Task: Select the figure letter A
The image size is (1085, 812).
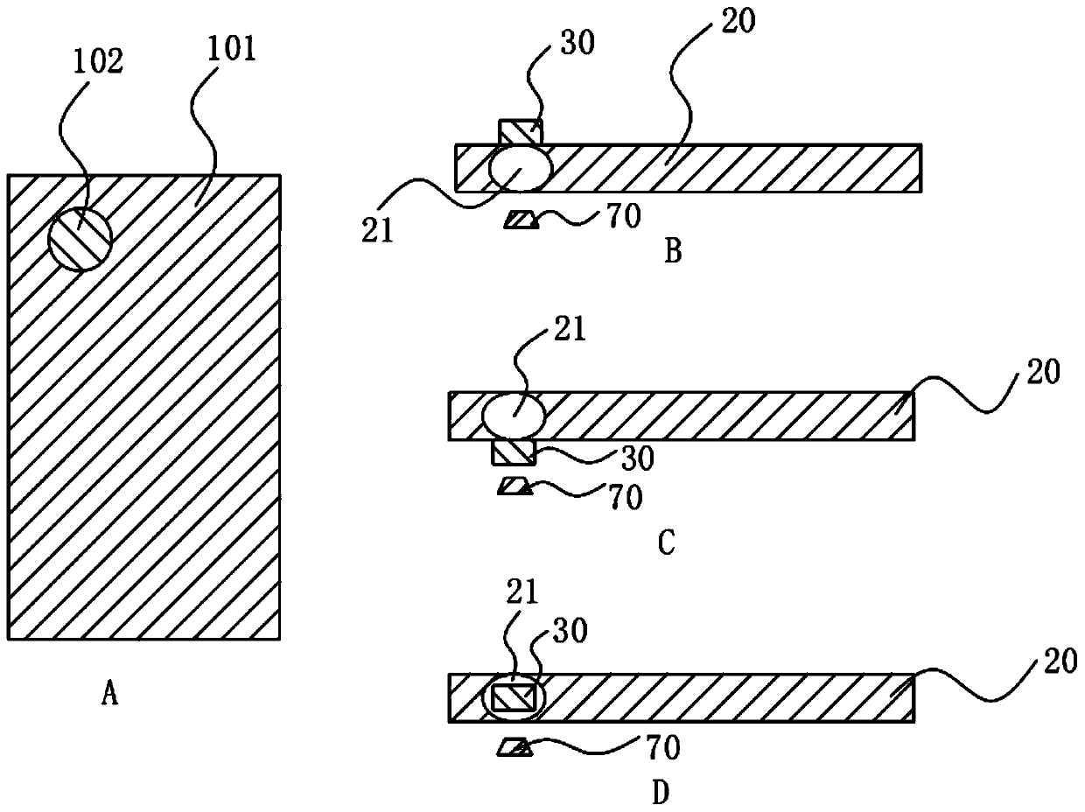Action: coord(109,696)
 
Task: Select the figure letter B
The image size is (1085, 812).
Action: coord(673,252)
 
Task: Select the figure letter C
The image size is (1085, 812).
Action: coord(666,544)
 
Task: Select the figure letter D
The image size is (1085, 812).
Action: coord(661,793)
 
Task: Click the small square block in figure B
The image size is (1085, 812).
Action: coord(521,133)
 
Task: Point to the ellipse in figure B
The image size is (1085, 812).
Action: coord(521,167)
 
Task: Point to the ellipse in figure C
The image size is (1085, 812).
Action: coord(514,415)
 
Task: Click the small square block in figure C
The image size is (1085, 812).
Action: coord(514,451)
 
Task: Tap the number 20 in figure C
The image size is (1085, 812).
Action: coord(1040,373)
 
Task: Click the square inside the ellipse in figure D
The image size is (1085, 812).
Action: coord(511,698)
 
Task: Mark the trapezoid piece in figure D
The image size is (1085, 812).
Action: coord(514,746)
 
